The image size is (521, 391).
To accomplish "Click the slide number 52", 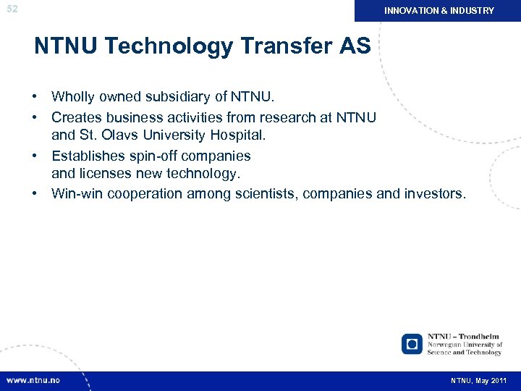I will coord(12,9).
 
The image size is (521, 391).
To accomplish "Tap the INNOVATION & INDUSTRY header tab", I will coord(439,11).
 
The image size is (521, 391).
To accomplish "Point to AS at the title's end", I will coord(356,47).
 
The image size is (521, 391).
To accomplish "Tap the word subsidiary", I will coord(178,96).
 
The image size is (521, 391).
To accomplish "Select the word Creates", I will coord(75,117).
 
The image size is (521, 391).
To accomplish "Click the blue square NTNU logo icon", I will coord(412,344).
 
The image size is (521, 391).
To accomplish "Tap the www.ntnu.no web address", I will coord(33,380).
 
